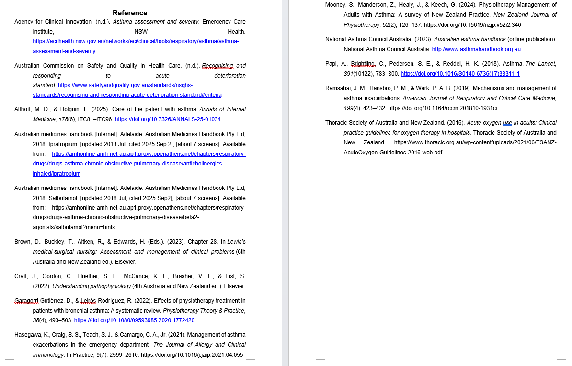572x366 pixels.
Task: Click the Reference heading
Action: tap(130, 13)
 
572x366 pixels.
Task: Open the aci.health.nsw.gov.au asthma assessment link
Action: tap(136, 41)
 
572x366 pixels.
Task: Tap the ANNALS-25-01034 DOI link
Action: tap(168, 119)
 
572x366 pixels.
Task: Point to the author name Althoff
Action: tap(23, 109)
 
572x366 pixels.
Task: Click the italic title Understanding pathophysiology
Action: tap(92, 286)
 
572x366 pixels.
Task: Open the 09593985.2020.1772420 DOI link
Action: tap(134, 320)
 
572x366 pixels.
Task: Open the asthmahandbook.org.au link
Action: tap(476, 49)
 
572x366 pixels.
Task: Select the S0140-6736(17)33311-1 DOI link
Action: tap(460, 74)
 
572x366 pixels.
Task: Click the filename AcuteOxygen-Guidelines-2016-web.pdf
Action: tap(393, 153)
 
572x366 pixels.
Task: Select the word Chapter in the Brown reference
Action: tap(198, 242)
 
